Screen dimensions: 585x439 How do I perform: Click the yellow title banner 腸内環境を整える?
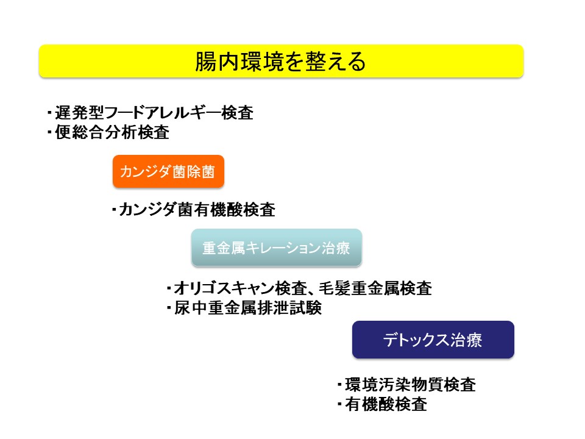point(282,61)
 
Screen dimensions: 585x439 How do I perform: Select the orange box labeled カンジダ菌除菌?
point(168,171)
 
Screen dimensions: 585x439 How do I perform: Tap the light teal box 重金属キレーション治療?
point(277,248)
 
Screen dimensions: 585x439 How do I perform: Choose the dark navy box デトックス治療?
point(433,340)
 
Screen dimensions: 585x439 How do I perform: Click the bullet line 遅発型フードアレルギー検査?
point(151,112)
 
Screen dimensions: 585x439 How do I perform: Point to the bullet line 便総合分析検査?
point(108,132)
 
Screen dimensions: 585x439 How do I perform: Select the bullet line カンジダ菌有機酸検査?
point(194,209)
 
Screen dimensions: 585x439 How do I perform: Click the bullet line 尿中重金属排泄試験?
point(244,308)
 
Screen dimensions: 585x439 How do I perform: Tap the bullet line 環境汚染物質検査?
point(406,385)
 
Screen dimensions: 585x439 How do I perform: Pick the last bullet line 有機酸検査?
point(383,404)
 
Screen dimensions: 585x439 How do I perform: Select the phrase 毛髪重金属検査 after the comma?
point(375,288)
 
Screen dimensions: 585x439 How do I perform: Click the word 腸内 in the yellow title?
point(217,61)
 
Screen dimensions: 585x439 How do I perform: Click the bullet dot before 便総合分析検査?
point(49,132)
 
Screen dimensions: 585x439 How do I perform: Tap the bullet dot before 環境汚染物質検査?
point(339,385)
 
